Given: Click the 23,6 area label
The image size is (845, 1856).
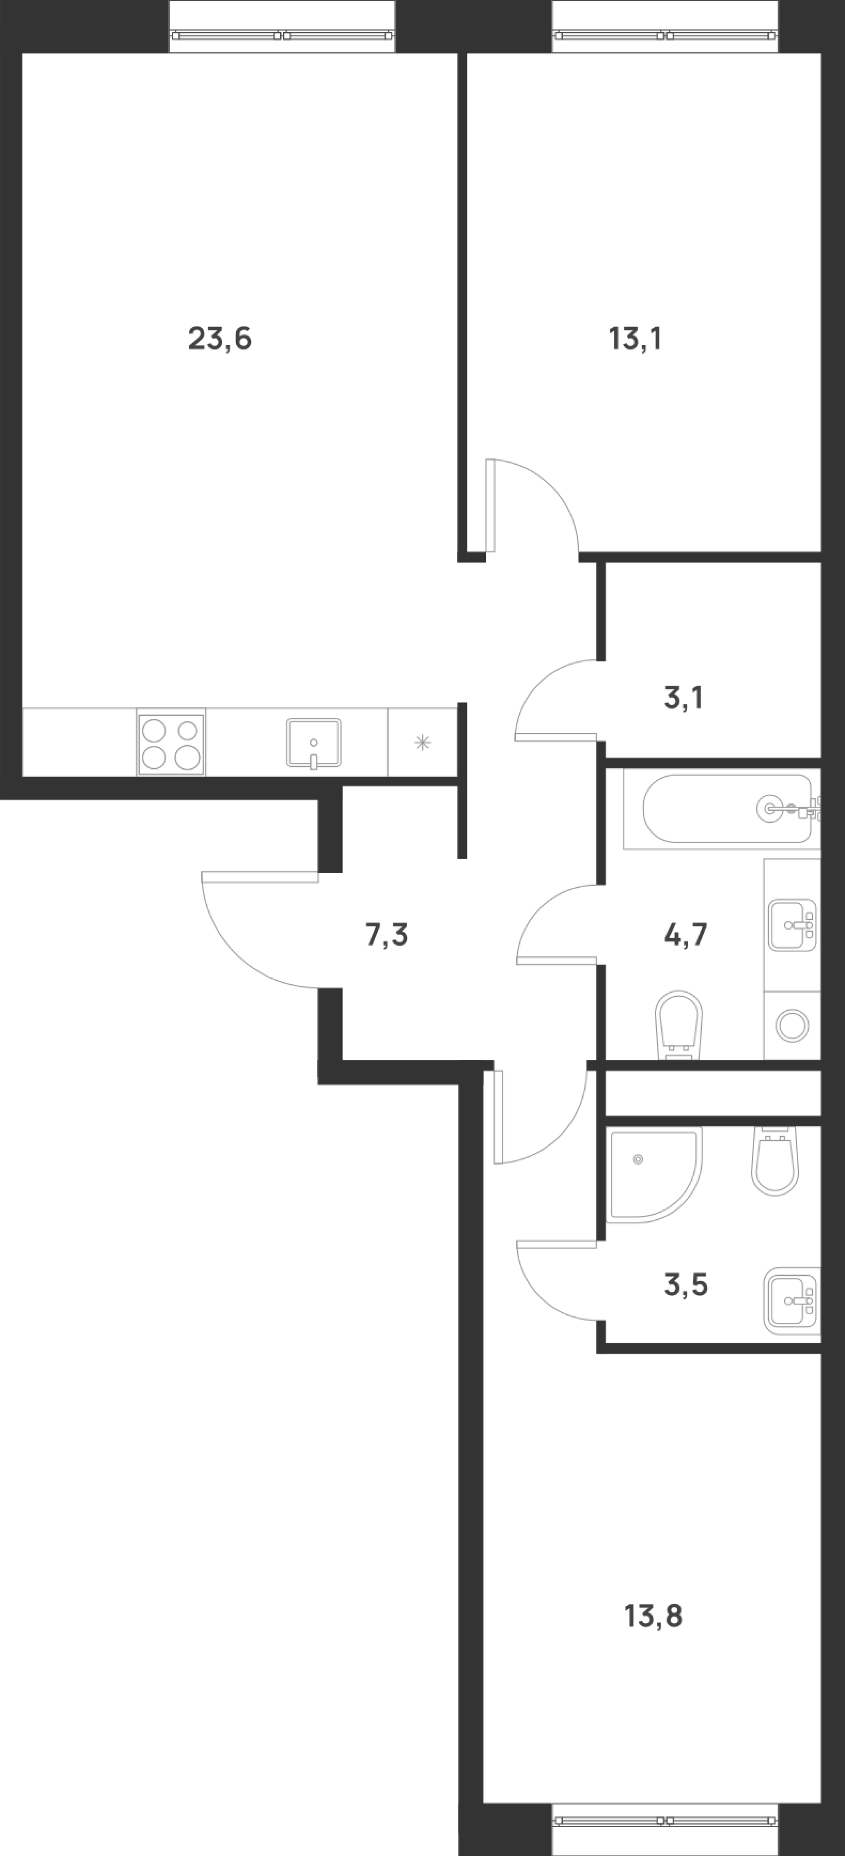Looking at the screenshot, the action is [220, 338].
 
